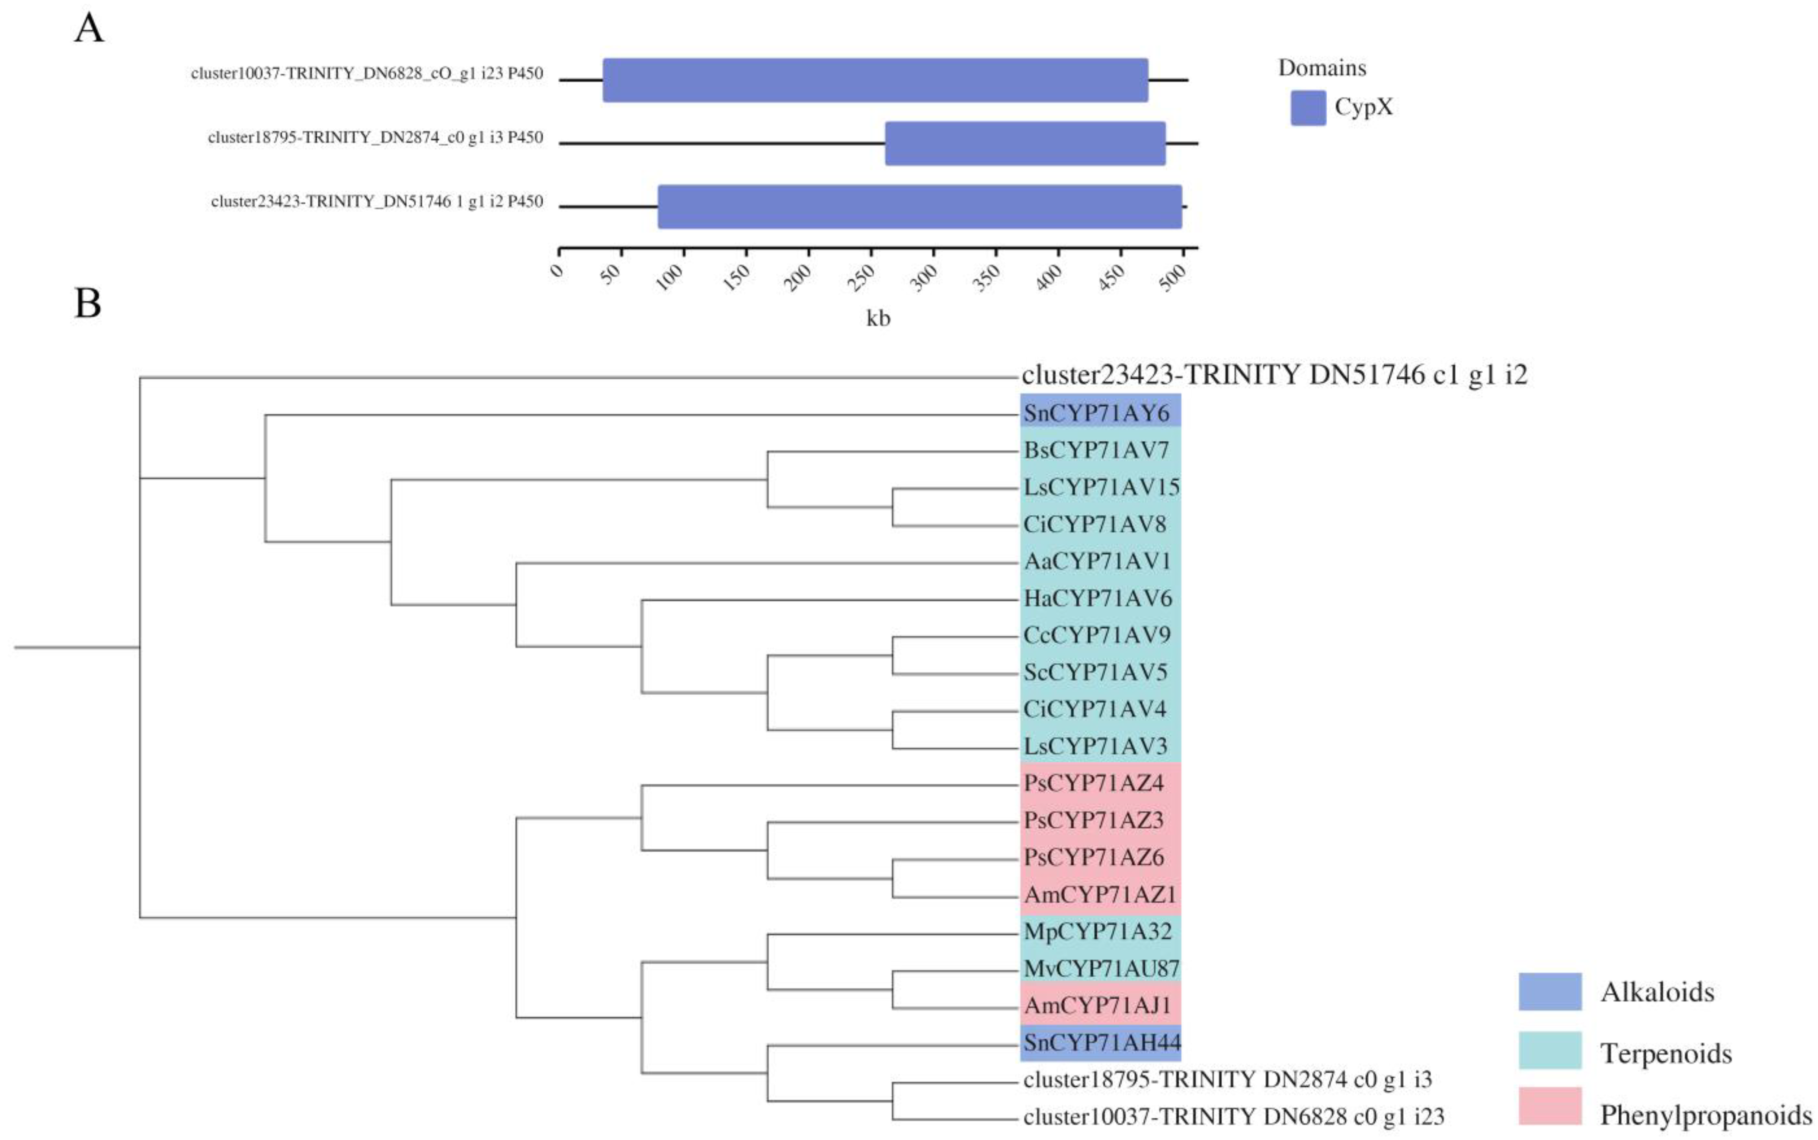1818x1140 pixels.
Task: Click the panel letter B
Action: pyautogui.click(x=87, y=303)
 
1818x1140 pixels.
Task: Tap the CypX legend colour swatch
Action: pyautogui.click(x=1308, y=108)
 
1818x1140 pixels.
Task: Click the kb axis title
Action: pyautogui.click(x=878, y=318)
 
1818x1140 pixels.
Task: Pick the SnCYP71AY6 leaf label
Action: pyautogui.click(x=1096, y=413)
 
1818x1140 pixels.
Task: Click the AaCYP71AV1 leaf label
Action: pyautogui.click(x=1096, y=561)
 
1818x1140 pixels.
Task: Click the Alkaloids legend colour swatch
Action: pyautogui.click(x=1549, y=991)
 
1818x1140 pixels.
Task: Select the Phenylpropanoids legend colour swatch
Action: pyautogui.click(x=1549, y=1105)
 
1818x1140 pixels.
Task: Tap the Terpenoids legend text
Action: pyautogui.click(x=1666, y=1053)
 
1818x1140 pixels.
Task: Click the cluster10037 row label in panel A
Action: pyautogui.click(x=366, y=74)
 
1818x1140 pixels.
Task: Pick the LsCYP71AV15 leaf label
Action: pyautogui.click(x=1101, y=487)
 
